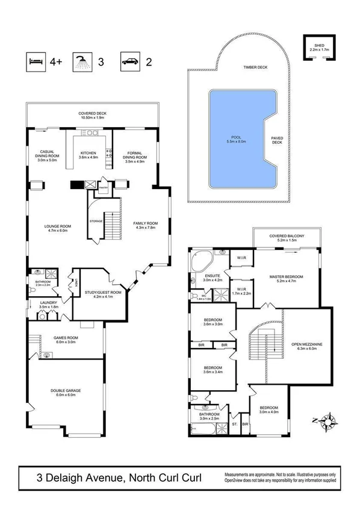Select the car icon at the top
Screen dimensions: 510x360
pyautogui.click(x=130, y=61)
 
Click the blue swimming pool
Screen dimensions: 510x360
pyautogui.click(x=241, y=138)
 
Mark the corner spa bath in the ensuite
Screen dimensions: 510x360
pyautogui.click(x=199, y=263)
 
